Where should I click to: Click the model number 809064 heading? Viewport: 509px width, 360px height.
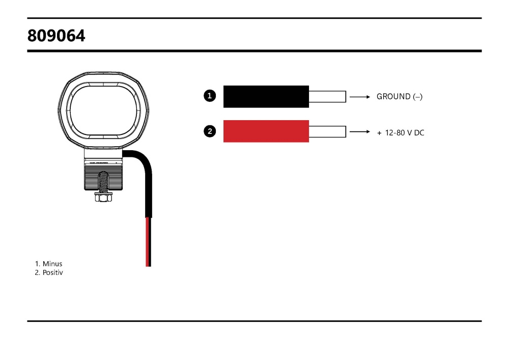point(56,36)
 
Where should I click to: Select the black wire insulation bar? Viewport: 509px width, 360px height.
point(266,96)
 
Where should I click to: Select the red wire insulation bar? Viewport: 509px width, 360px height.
point(266,131)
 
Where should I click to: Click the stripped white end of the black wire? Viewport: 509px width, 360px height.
point(327,96)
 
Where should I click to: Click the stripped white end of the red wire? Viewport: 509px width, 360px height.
point(327,131)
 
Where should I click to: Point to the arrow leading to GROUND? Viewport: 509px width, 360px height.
point(360,96)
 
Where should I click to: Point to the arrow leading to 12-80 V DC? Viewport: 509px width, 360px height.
point(360,132)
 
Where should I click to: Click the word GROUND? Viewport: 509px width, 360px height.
point(393,96)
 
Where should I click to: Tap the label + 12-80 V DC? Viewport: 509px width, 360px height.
point(401,133)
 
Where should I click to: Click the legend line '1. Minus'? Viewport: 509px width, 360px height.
point(48,264)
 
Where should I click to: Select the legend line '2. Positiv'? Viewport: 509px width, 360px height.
point(49,273)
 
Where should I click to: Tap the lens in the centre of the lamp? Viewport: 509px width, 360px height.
point(104,109)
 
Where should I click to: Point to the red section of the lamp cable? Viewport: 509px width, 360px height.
point(148,242)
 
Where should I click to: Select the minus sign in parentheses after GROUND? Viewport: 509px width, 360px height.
point(418,96)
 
